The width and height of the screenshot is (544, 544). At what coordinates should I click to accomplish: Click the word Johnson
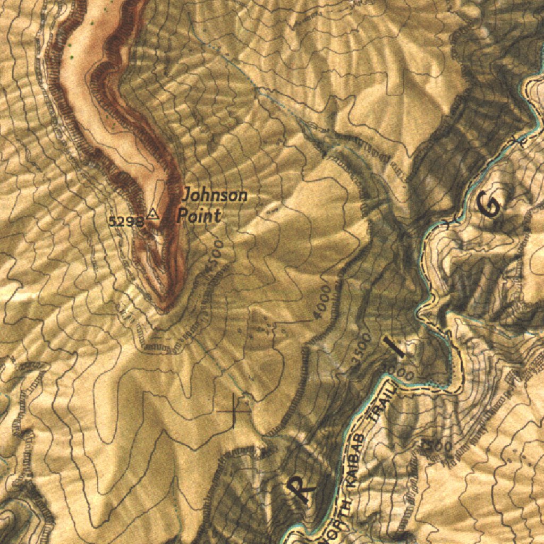pyautogui.click(x=215, y=196)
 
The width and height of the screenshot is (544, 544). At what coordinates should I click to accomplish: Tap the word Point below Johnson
pyautogui.click(x=198, y=216)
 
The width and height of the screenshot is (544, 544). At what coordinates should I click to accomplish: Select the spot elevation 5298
pyautogui.click(x=125, y=222)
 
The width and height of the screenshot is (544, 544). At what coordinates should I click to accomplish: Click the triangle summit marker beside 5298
pyautogui.click(x=153, y=214)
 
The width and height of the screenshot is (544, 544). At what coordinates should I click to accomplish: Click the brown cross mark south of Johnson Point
pyautogui.click(x=233, y=411)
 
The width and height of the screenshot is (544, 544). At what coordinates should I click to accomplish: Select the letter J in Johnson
pyautogui.click(x=186, y=196)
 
